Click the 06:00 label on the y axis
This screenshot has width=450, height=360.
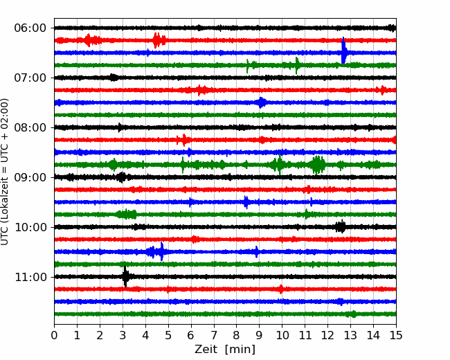pos(30,28)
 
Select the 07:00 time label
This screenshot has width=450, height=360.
pos(30,78)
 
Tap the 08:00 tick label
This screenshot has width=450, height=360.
pos(30,128)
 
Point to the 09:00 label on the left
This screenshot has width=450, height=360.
pos(30,177)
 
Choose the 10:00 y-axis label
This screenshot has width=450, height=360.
pos(30,227)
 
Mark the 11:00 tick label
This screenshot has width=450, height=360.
pos(30,278)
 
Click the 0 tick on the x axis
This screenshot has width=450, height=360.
pos(54,335)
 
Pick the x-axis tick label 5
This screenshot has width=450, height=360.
pos(168,335)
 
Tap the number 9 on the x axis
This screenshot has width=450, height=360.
pos(260,335)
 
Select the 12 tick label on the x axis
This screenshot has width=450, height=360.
pos(327,335)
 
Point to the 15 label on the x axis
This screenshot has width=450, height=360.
pos(396,335)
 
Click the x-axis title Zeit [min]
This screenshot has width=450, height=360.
pos(225,350)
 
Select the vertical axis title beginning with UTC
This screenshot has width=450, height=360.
pos(5,172)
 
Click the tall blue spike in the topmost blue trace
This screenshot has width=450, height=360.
pos(343,51)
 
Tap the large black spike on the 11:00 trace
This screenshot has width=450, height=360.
pos(125,276)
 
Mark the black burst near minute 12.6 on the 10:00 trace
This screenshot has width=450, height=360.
pos(341,227)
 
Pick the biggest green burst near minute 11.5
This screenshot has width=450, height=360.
pos(317,165)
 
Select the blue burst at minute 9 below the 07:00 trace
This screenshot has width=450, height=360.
pos(261,102)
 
